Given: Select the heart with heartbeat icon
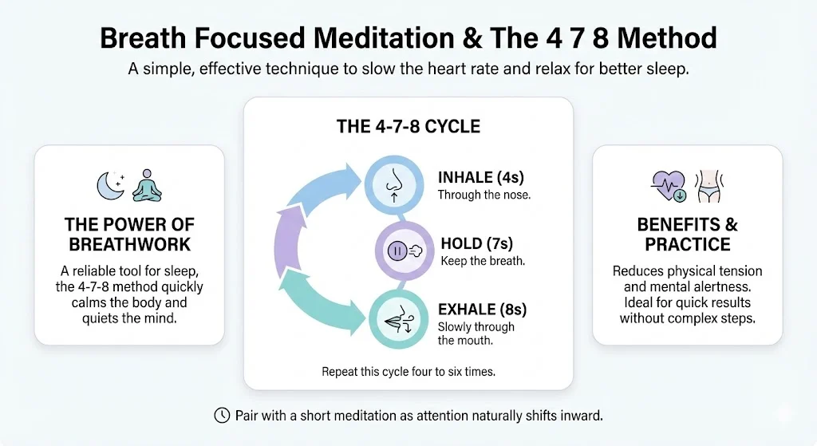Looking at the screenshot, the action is [x=669, y=186].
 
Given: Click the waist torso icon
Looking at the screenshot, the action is [x=708, y=186].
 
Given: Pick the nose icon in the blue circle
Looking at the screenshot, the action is [x=394, y=184].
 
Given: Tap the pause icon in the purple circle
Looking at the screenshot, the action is [x=397, y=251].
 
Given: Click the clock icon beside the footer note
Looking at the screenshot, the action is [x=222, y=415].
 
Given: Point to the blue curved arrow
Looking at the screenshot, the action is [x=323, y=187].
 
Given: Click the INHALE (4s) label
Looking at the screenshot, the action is [x=480, y=177].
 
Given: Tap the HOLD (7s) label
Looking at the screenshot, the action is [x=477, y=243].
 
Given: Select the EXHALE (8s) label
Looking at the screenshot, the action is [x=482, y=309].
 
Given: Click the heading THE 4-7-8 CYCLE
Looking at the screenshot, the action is [x=408, y=126].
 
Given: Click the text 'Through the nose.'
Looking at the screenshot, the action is [x=484, y=195].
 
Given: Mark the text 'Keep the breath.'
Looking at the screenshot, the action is [x=483, y=261].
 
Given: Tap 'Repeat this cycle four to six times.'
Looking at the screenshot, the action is [x=408, y=372].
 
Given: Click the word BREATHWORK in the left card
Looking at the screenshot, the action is [x=130, y=244].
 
